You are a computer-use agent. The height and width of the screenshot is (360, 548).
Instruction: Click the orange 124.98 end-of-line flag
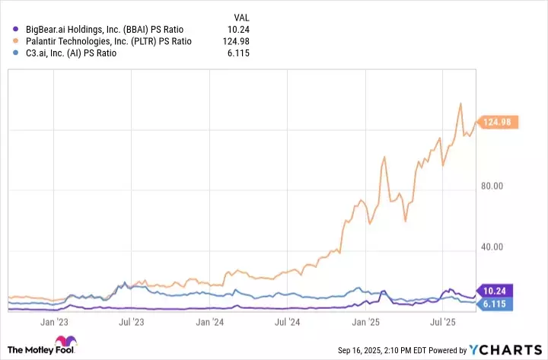(499, 122)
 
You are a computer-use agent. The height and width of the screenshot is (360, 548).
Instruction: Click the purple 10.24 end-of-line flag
(499, 290)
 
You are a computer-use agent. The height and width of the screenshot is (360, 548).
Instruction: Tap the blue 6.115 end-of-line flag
(499, 304)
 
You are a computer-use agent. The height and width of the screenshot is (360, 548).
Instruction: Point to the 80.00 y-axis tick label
(499, 186)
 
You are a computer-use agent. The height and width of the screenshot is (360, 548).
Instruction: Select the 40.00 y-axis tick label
(499, 247)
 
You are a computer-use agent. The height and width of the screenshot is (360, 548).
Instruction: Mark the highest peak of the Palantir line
(460, 104)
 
